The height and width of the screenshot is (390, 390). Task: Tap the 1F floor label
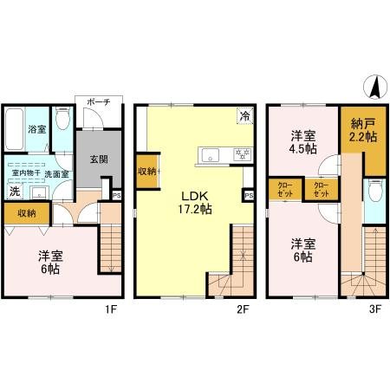(111, 307)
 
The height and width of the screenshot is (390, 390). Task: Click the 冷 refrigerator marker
(244, 115)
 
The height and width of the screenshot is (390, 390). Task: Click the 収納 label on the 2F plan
(146, 172)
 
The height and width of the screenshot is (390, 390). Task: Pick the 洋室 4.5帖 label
(301, 142)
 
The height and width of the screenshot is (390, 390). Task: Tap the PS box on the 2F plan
(249, 196)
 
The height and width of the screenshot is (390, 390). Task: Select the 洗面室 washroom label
(56, 173)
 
